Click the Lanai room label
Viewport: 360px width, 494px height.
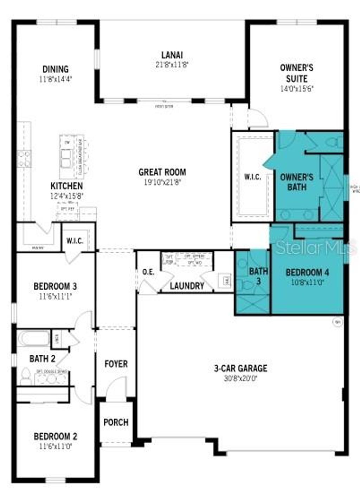[172, 55]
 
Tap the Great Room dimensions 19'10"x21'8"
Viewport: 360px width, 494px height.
[162, 182]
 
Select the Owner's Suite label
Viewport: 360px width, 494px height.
[296, 73]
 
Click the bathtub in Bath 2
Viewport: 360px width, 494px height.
[34, 338]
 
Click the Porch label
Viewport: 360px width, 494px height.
[116, 422]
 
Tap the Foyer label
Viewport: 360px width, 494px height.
[116, 364]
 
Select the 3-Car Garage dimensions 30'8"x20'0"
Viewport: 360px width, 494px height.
[240, 379]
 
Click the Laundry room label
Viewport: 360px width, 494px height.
[187, 286]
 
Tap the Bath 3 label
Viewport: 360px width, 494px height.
[258, 276]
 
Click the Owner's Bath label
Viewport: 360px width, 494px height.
[296, 182]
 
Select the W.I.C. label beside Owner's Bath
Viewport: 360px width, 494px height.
[252, 177]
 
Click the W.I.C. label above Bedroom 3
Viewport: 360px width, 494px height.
[75, 241]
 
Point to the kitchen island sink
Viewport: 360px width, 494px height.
[66, 159]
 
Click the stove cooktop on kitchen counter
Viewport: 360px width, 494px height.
[24, 158]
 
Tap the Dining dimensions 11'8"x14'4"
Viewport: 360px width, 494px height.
[56, 79]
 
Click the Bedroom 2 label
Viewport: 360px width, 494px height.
[55, 437]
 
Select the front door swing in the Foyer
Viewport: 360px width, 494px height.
[116, 387]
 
